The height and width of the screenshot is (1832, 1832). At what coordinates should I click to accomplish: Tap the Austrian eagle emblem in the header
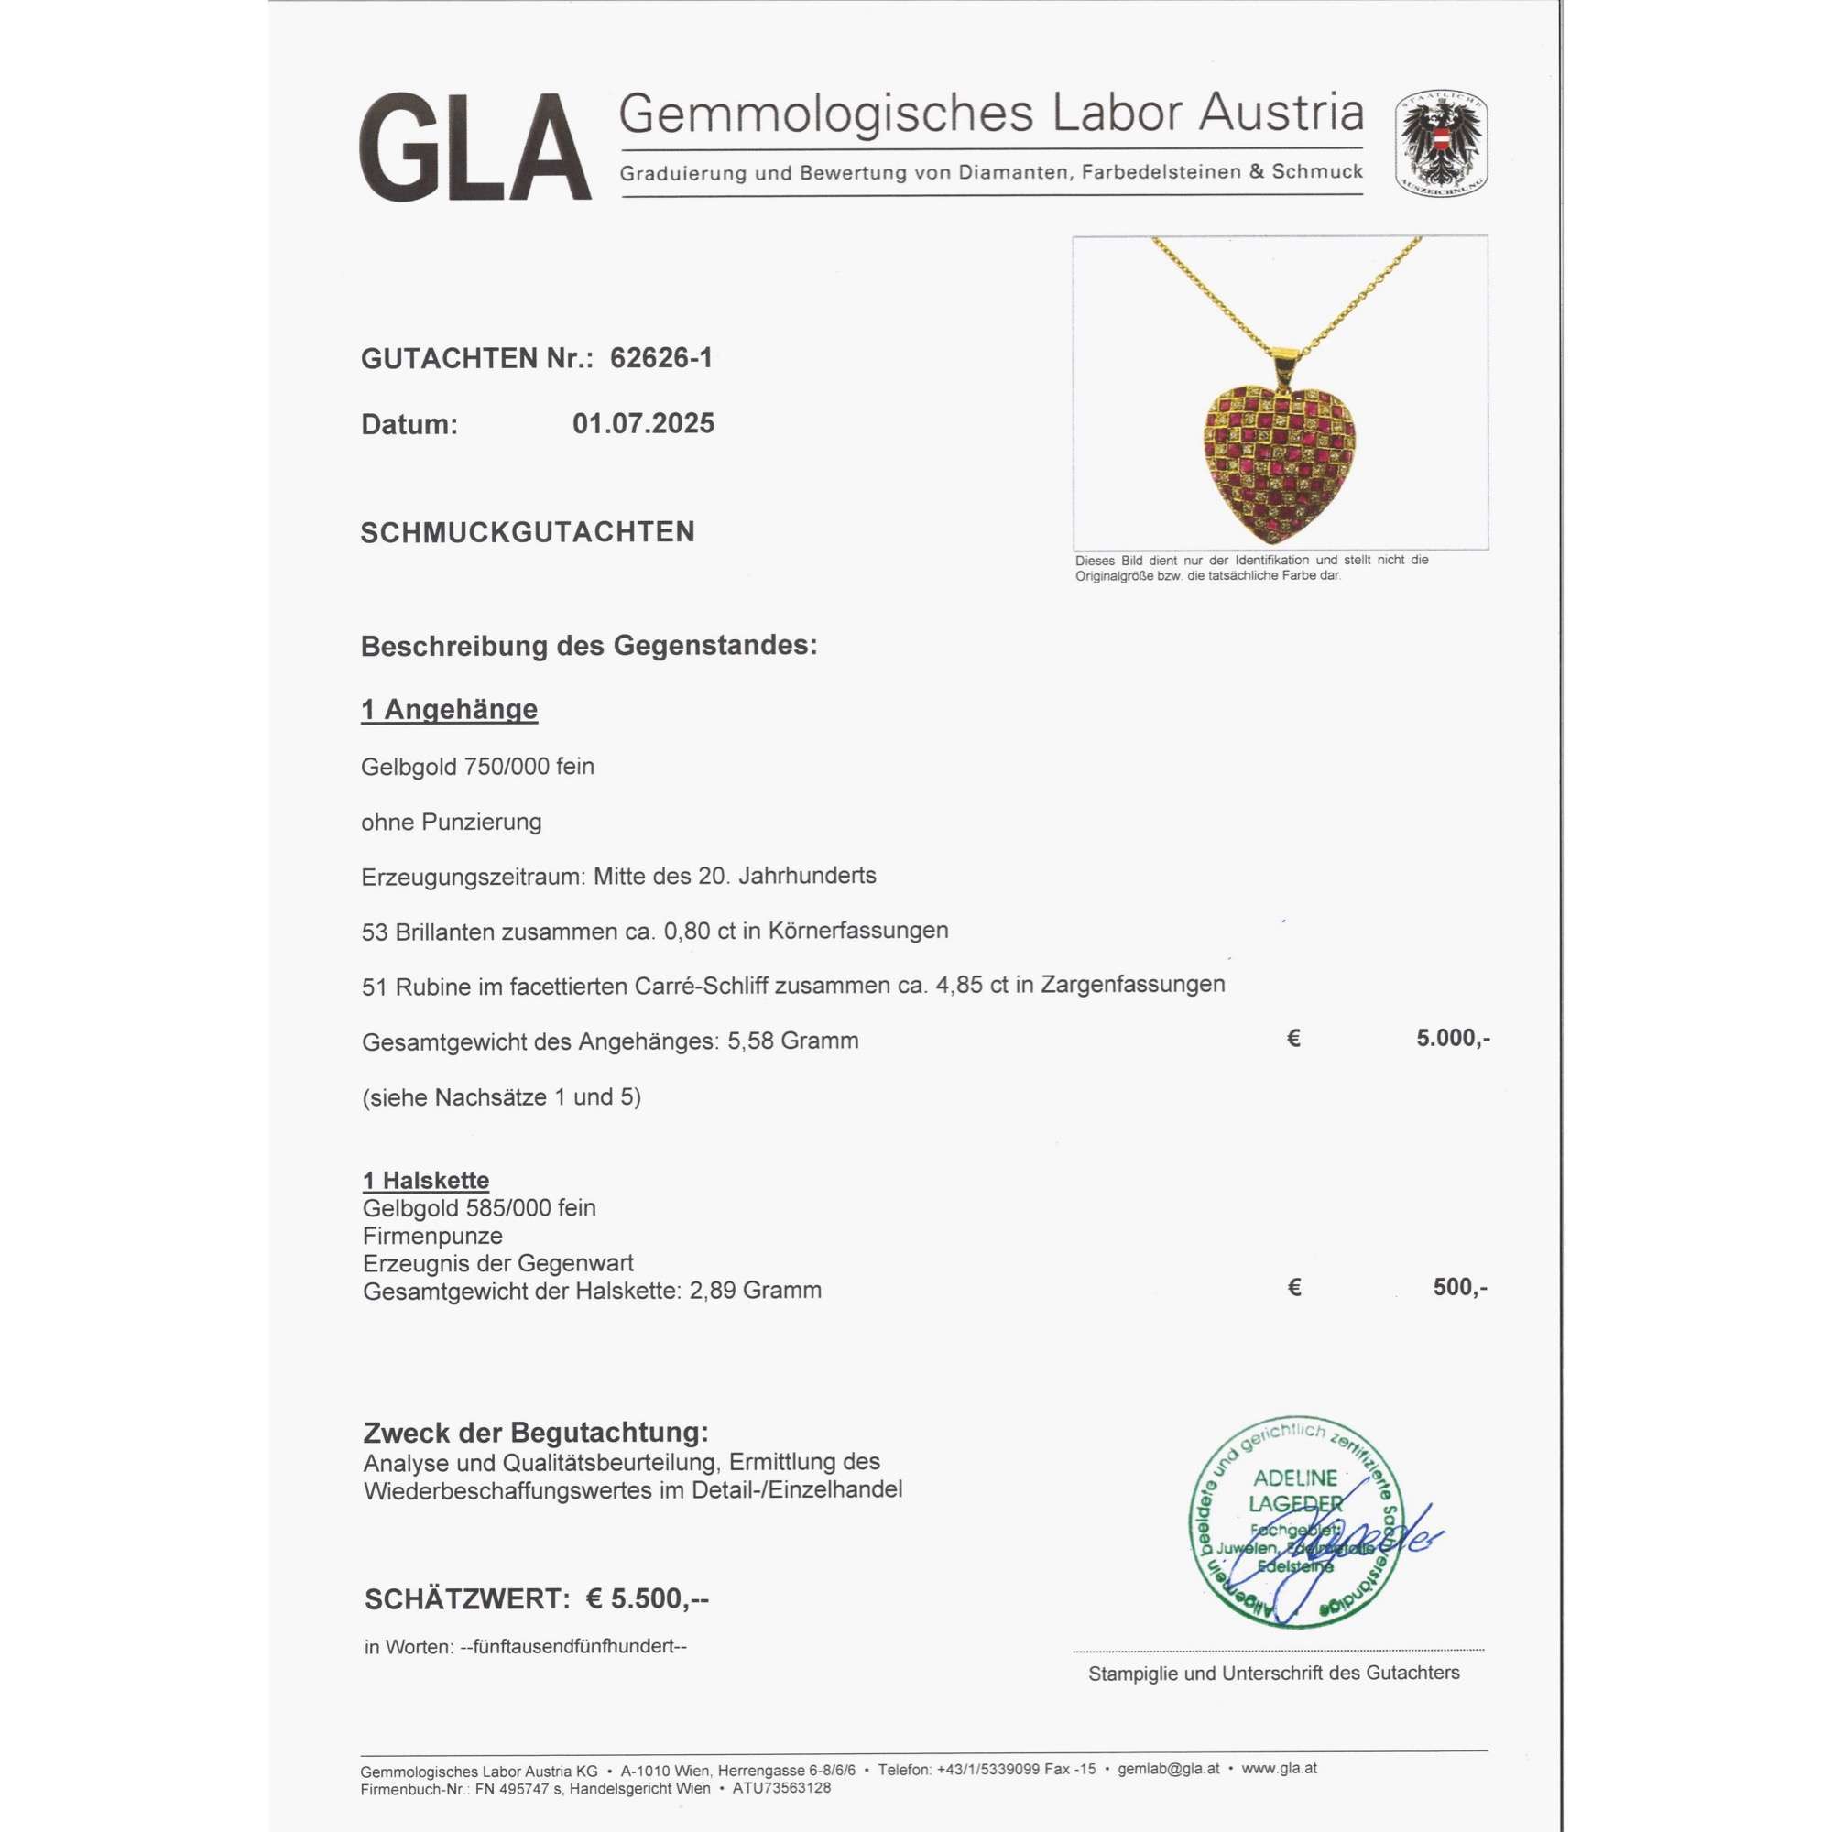(x=1440, y=144)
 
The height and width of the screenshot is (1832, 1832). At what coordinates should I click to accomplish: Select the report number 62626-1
(x=661, y=358)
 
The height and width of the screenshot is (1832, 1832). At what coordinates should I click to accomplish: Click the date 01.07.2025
(x=643, y=424)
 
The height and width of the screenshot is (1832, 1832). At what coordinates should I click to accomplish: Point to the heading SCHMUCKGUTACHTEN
(x=528, y=532)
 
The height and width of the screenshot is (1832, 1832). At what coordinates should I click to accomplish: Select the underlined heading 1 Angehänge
(x=449, y=709)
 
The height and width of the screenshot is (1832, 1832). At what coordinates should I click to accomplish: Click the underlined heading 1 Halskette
(x=426, y=1181)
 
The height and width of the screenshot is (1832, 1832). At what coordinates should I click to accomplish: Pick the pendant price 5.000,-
(x=1453, y=1039)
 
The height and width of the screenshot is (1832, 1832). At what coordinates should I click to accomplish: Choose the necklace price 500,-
(x=1460, y=1287)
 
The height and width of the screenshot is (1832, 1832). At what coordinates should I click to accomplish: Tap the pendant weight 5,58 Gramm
(x=792, y=1041)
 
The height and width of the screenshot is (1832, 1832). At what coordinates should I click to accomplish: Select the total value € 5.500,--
(x=647, y=1599)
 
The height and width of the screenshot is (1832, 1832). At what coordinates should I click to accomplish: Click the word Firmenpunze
(x=432, y=1236)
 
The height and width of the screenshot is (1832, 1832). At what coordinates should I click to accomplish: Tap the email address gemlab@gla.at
(x=1168, y=1769)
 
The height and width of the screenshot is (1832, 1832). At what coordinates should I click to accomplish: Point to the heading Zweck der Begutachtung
(x=536, y=1433)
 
